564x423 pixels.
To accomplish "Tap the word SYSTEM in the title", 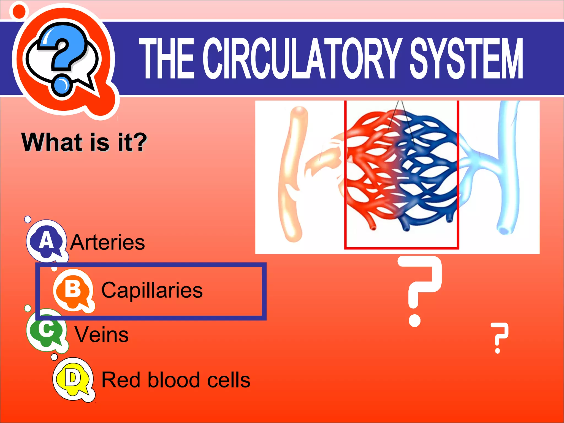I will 466,58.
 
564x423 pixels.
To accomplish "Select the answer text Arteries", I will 107,242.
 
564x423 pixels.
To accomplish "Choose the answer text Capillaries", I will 152,290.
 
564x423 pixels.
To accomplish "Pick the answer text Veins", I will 102,335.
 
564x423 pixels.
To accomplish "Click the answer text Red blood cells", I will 176,380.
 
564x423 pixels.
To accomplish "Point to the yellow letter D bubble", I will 72,379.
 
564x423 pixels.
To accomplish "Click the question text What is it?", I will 84,142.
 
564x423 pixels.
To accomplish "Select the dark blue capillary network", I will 430,171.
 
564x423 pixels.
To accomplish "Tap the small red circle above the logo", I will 19,11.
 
